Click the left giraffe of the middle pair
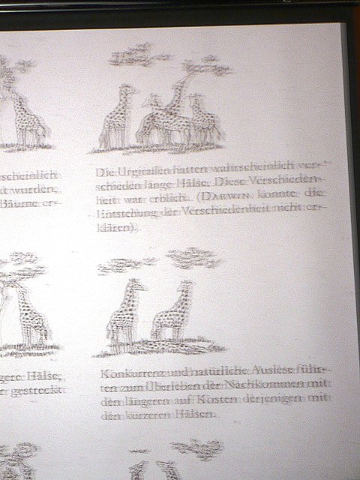[x=123, y=315]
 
